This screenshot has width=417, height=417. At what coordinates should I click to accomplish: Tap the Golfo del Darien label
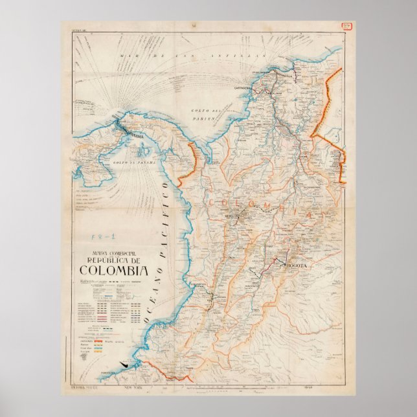208,115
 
